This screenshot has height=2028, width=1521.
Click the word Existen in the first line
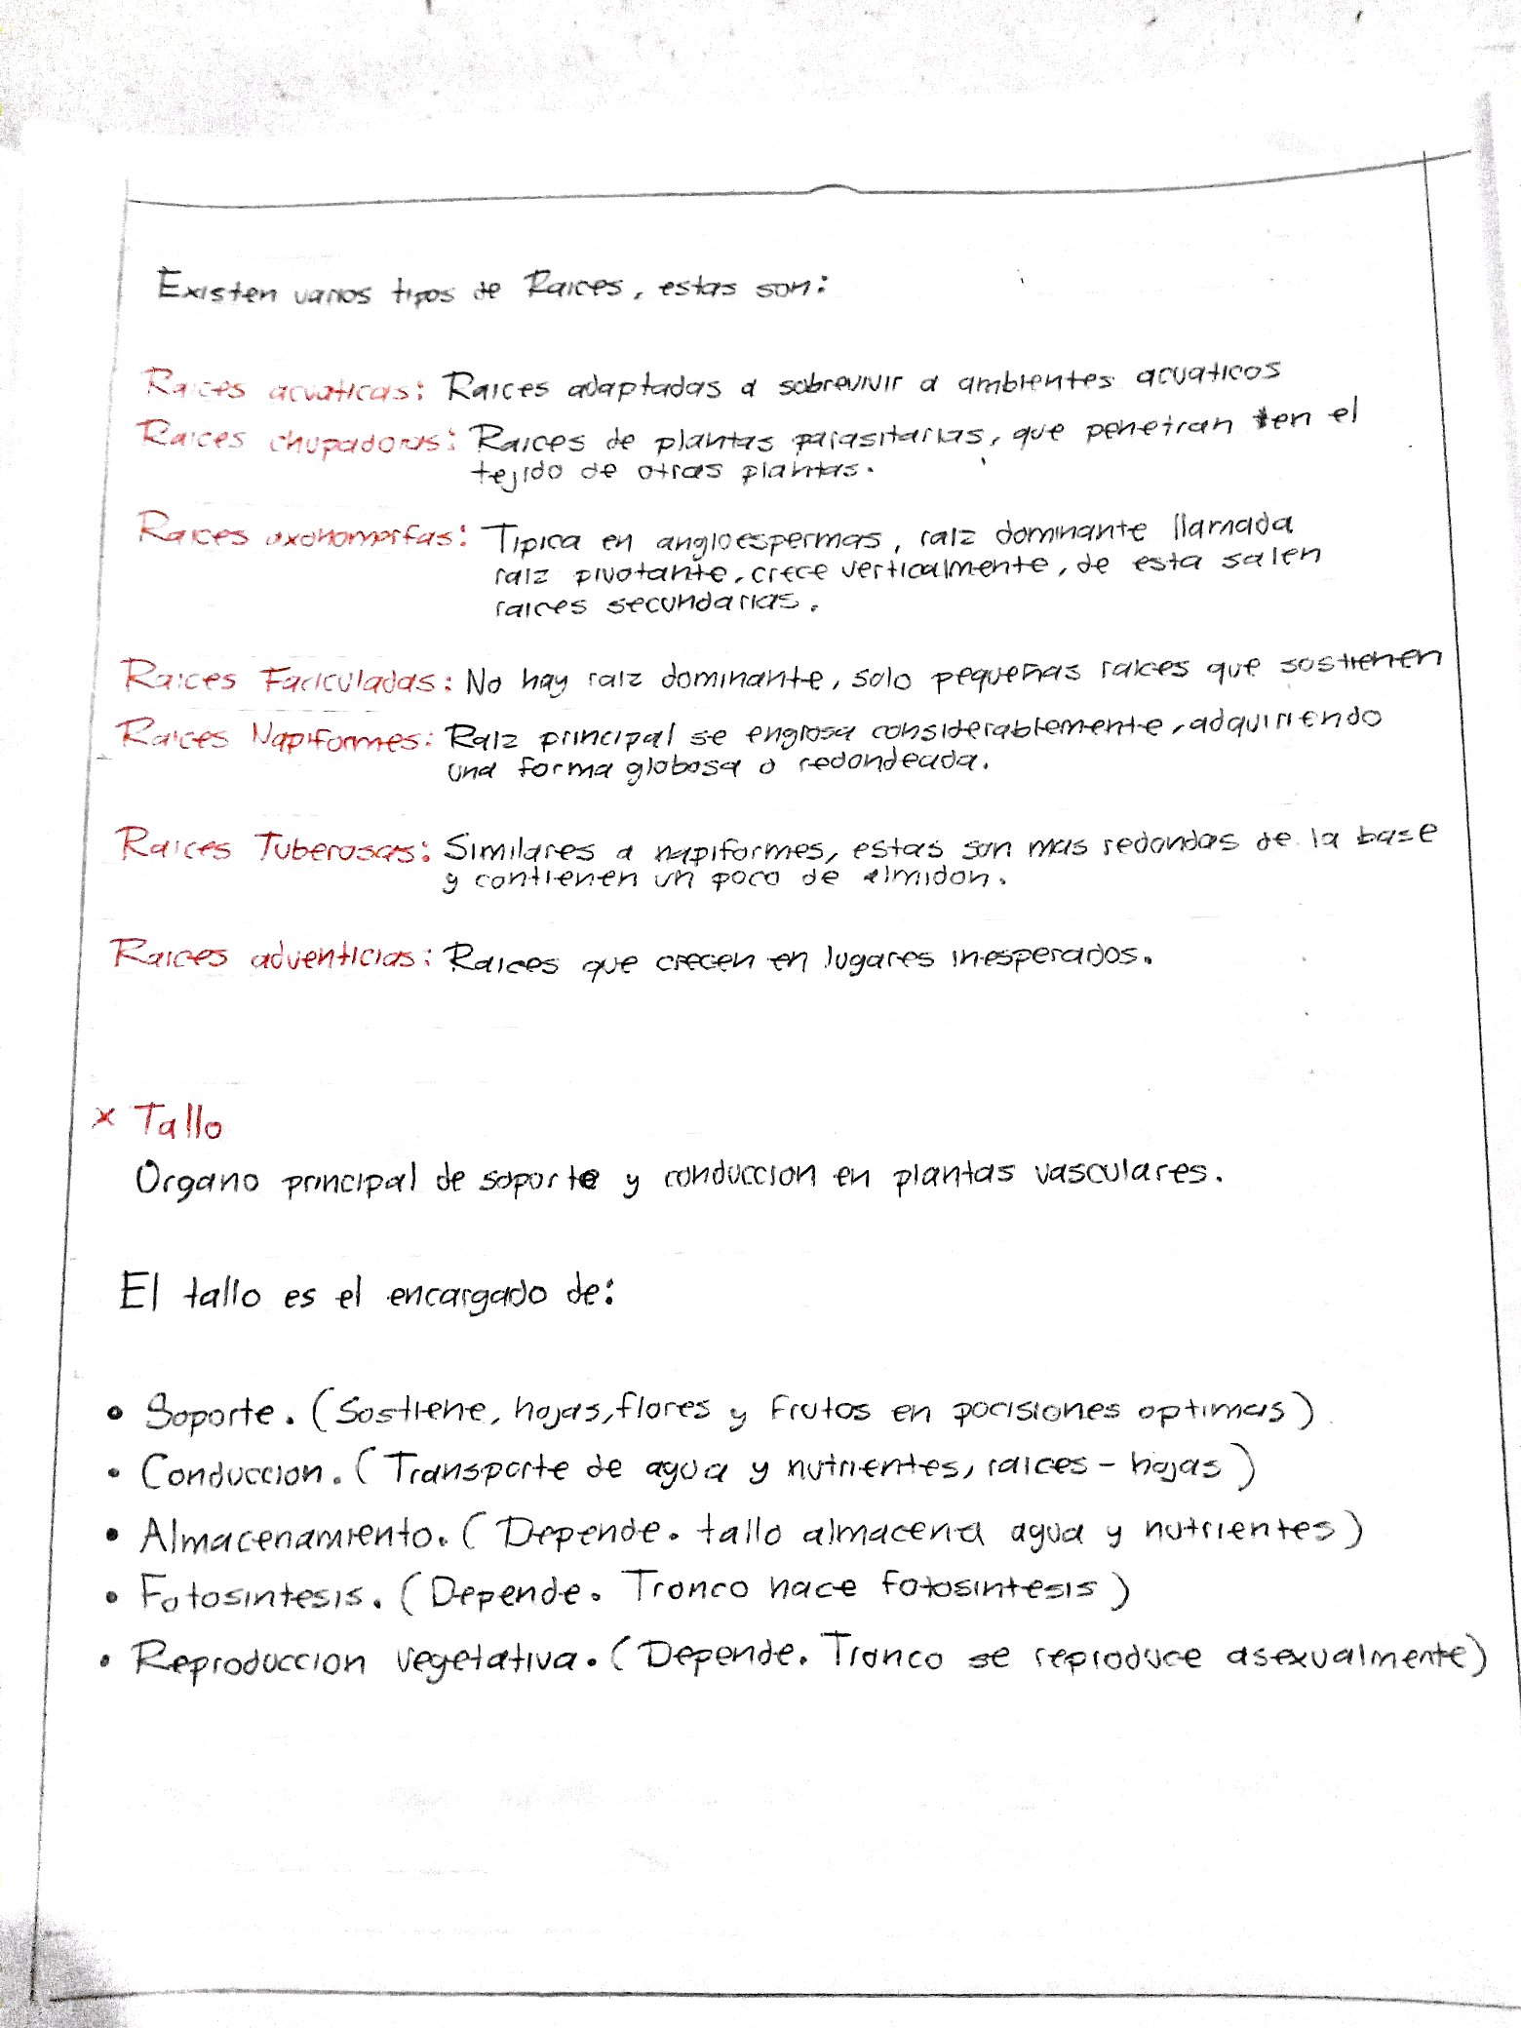(x=216, y=289)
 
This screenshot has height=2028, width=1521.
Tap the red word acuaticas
(x=344, y=390)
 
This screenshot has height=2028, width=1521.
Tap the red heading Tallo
(x=177, y=1122)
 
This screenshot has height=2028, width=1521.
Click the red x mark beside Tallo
(x=104, y=1118)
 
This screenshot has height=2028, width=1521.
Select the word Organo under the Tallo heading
(x=196, y=1180)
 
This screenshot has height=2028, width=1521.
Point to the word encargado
(x=467, y=1296)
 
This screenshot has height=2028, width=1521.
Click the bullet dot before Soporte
(x=116, y=1414)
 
